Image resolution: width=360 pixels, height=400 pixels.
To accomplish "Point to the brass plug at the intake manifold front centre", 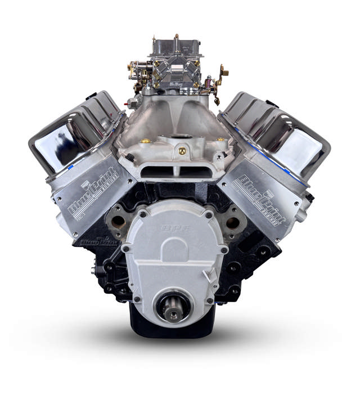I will pos(182,151).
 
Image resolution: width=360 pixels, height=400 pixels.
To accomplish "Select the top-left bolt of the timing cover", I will pos(142,214).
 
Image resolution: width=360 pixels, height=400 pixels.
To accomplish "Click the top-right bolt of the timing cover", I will pos(209,214).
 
